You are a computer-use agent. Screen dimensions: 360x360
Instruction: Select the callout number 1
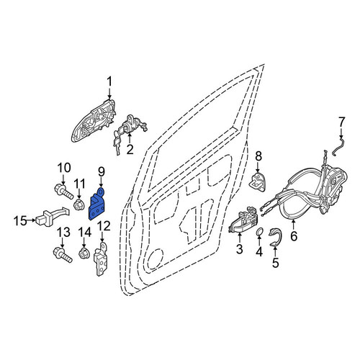[109, 82]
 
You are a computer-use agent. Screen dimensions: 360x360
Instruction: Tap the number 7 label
[341, 122]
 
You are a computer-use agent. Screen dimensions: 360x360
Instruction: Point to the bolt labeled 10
[63, 192]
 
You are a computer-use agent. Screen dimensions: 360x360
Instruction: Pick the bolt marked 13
[63, 255]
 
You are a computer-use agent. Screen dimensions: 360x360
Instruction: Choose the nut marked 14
[84, 253]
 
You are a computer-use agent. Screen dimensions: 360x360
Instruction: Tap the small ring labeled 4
[259, 233]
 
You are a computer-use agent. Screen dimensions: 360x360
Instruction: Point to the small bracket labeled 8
[258, 181]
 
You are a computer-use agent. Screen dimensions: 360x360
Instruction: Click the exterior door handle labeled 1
[94, 120]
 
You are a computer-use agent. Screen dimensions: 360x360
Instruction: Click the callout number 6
[294, 236]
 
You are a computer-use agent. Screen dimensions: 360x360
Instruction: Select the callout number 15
[20, 221]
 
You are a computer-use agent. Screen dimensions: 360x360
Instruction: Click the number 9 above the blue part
[102, 172]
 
